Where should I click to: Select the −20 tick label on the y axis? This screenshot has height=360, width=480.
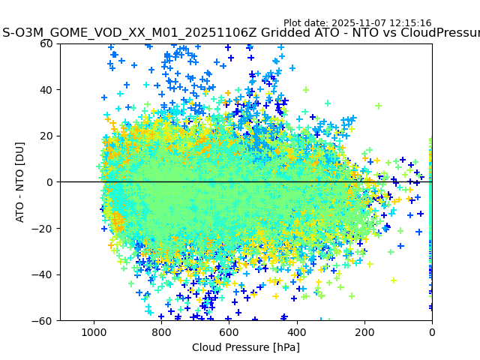43,228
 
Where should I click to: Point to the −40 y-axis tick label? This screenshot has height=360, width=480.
43,274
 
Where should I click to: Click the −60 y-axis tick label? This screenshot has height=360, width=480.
43,321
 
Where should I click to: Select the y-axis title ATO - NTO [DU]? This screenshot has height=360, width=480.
20,182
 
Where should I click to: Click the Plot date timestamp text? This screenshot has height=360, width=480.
357,23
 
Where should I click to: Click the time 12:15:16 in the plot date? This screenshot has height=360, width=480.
409,23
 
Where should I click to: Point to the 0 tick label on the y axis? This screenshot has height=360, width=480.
50,182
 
